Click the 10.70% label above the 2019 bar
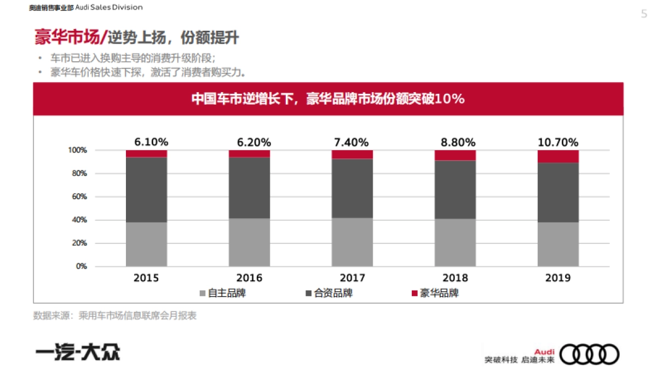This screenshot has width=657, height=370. pos(558,143)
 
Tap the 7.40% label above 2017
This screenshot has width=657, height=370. pos(351,143)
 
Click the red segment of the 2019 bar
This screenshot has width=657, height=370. pos(558,156)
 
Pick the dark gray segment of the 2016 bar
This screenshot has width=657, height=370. pos(249,187)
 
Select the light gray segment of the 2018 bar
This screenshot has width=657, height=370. pos(455,242)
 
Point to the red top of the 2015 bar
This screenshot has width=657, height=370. pos(146,153)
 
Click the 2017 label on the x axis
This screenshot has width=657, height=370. pos(352,278)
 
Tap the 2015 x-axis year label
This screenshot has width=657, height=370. pos(146,278)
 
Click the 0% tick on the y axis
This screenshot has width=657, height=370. pos(80,266)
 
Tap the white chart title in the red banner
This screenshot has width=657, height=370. pos(328,99)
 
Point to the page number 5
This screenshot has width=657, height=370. pos(644,14)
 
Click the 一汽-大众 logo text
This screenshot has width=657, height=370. pos(77,352)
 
